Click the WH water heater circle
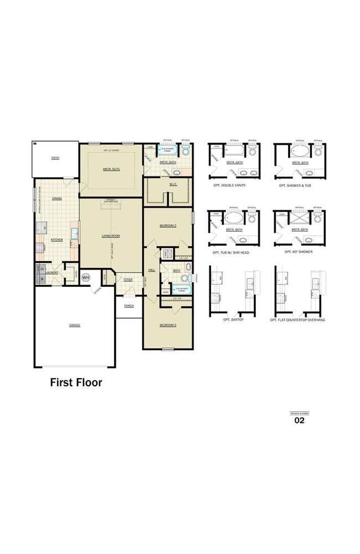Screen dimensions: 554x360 pyautogui.click(x=86, y=277)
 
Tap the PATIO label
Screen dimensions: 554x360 pyautogui.click(x=55, y=158)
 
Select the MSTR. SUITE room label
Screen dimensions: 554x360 pyautogui.click(x=111, y=169)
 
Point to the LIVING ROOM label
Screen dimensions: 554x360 pyautogui.click(x=111, y=235)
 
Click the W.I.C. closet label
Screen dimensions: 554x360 pyautogui.click(x=173, y=184)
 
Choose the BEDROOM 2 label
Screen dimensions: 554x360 pyautogui.click(x=168, y=226)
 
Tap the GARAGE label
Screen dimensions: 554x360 pyautogui.click(x=75, y=325)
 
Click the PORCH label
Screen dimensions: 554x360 pyautogui.click(x=129, y=306)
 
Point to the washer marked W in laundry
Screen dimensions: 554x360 pyautogui.click(x=42, y=279)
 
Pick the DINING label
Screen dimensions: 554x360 pyautogui.click(x=56, y=198)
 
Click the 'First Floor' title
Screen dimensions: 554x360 pyautogui.click(x=76, y=382)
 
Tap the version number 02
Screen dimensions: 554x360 pyautogui.click(x=299, y=420)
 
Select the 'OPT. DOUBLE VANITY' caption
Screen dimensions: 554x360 pyautogui.click(x=229, y=185)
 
